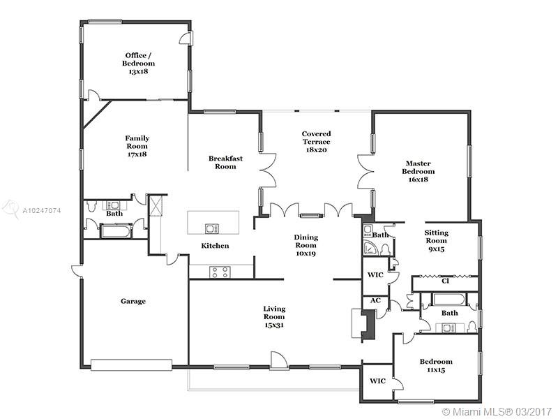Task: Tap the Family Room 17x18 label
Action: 137,146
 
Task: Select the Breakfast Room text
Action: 225,163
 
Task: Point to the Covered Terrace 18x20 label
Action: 316,142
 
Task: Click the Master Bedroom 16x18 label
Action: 418,171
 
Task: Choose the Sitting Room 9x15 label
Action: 437,240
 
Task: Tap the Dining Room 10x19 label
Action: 306,245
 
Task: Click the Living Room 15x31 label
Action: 274,317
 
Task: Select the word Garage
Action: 133,302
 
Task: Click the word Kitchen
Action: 215,246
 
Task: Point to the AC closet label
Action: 375,300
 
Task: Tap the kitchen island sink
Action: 212,228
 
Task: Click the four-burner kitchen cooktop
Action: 220,272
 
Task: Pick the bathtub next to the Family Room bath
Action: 116,231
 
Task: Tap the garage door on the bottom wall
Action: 131,365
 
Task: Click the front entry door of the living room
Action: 278,360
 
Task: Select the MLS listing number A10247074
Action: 42,211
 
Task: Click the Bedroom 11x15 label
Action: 436,365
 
